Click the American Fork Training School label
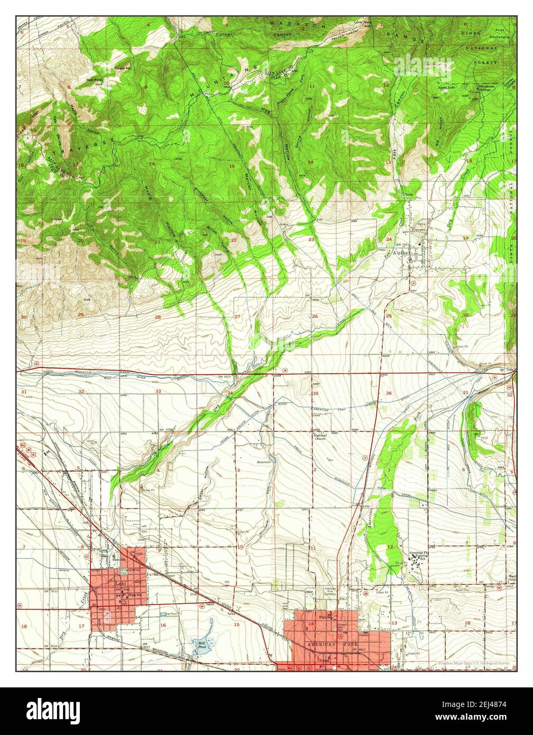click(420, 556)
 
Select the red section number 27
click(237, 317)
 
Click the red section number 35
click(315, 393)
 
